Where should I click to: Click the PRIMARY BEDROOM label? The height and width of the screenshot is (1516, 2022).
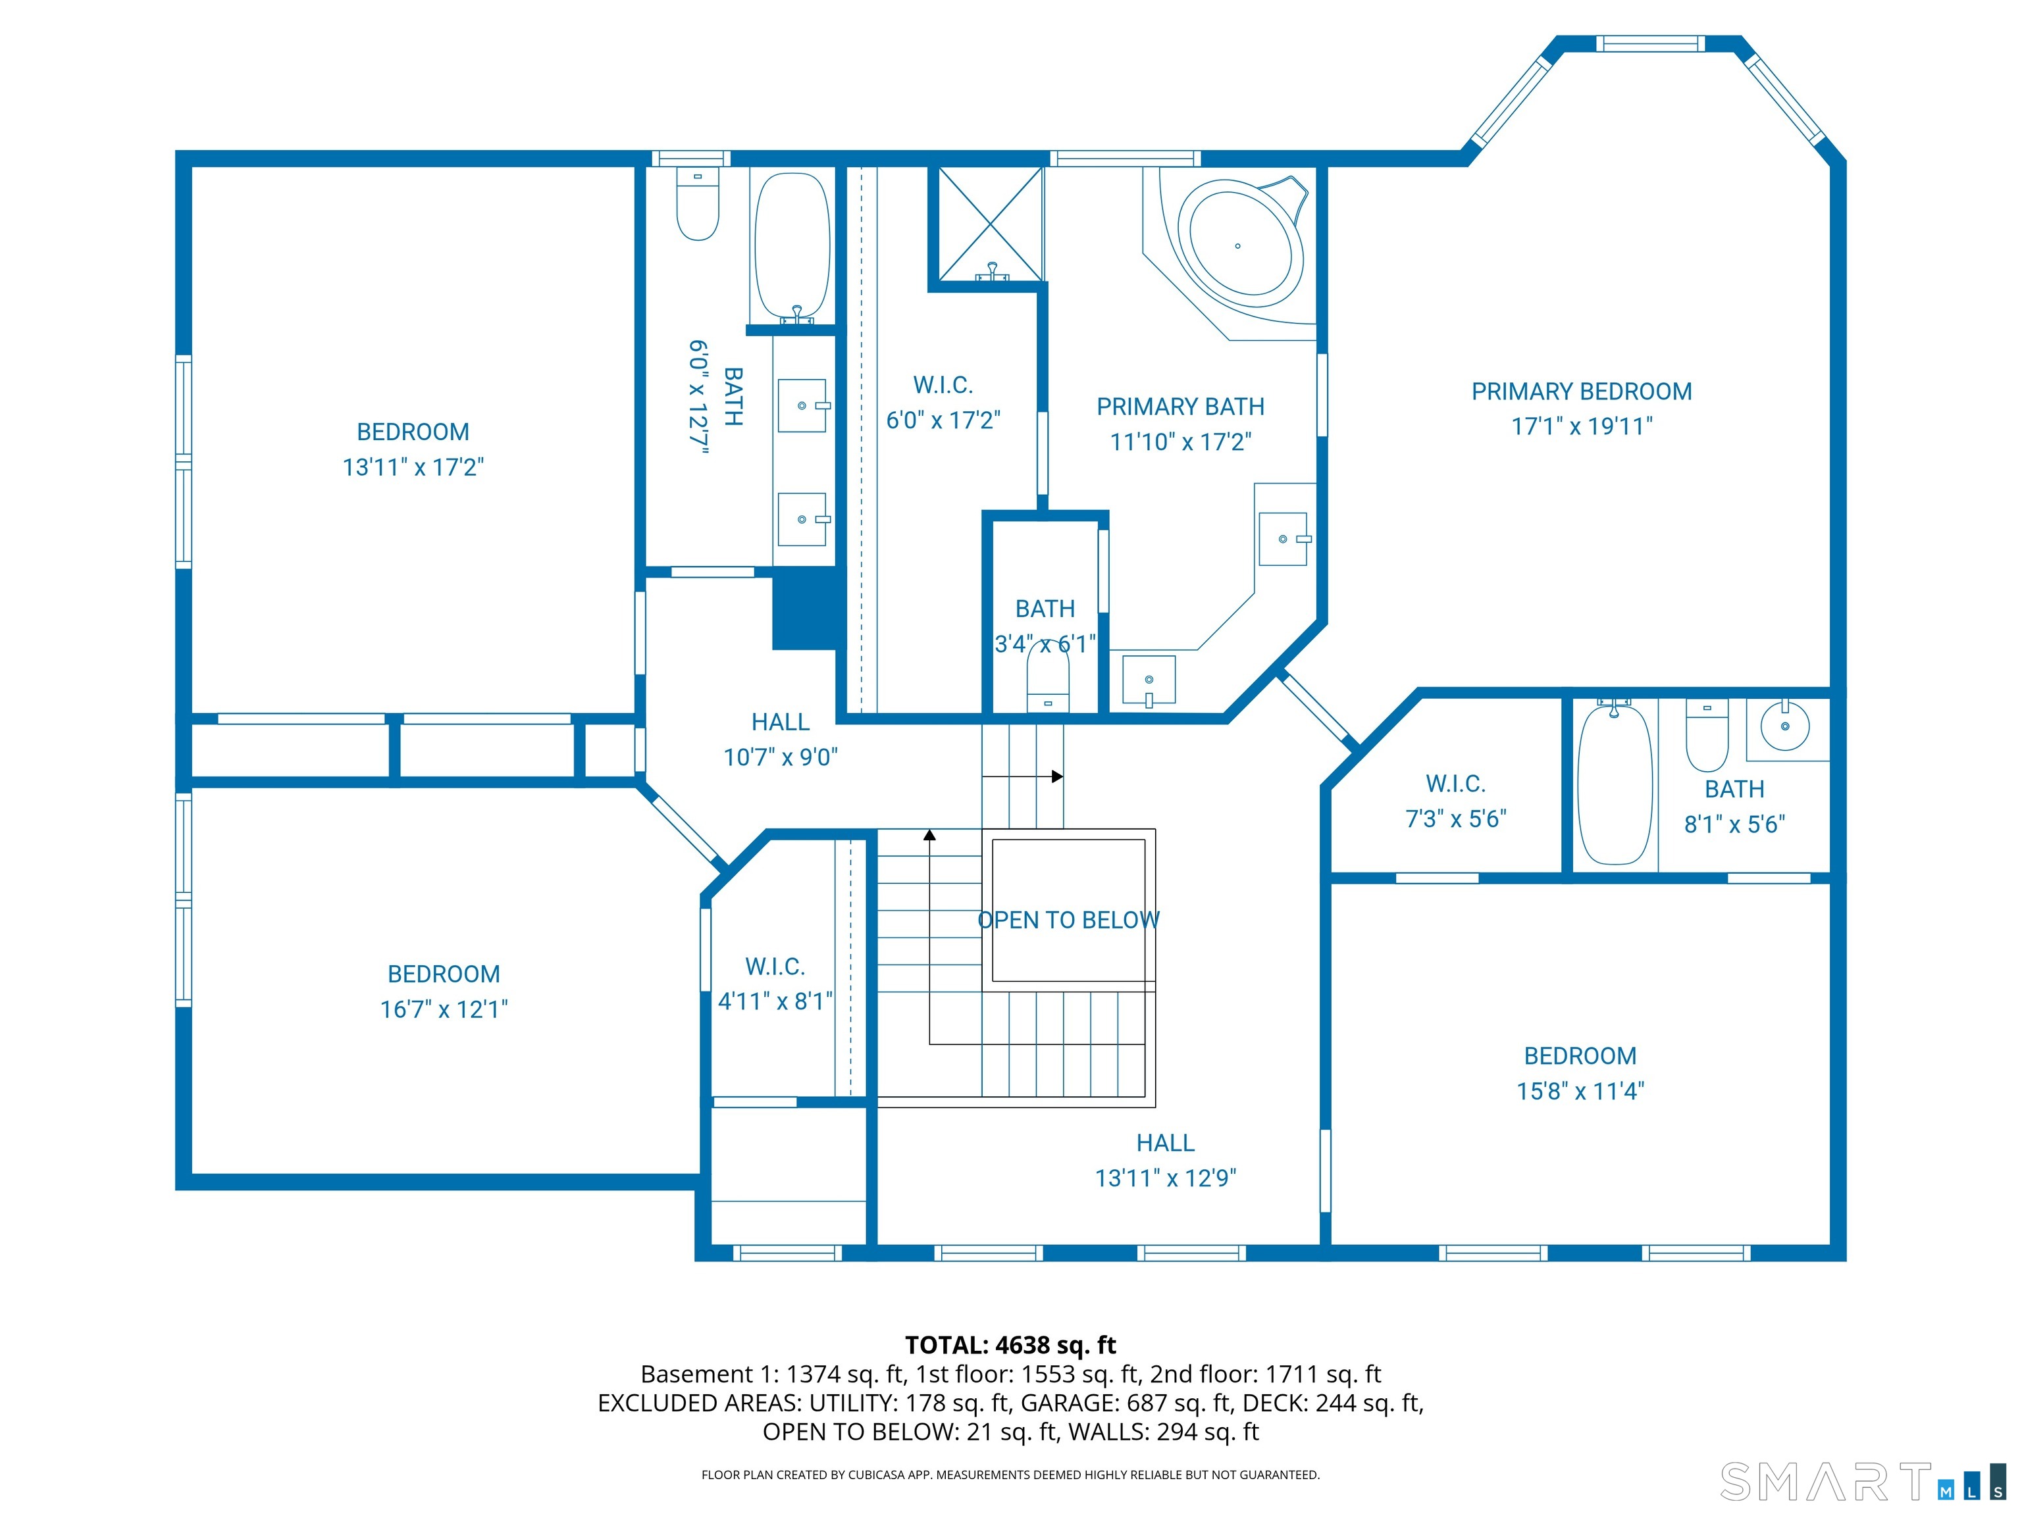coord(1580,391)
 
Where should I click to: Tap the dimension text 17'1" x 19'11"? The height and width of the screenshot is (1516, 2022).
coord(1580,426)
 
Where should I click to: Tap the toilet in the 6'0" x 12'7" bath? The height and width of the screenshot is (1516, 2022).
coord(698,205)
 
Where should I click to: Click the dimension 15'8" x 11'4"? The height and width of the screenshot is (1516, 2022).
coord(1580,1091)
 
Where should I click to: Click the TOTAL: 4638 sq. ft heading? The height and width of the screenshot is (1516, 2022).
coord(1010,1345)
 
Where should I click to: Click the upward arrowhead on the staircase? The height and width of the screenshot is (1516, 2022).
coord(929,834)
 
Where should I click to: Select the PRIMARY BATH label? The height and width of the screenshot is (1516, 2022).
coord(1180,407)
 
